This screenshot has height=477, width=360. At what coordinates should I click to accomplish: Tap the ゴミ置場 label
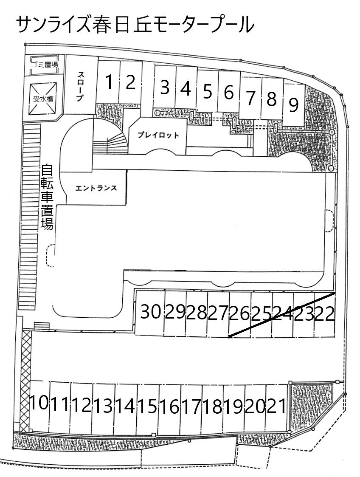click(x=45, y=65)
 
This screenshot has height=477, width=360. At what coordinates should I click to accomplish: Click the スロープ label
click(x=80, y=86)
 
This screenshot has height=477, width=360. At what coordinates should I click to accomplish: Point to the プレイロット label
click(x=158, y=135)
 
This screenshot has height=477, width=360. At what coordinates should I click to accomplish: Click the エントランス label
click(x=96, y=188)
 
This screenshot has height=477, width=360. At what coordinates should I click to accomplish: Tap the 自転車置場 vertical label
click(x=47, y=197)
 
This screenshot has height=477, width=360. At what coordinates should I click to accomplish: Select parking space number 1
click(x=108, y=82)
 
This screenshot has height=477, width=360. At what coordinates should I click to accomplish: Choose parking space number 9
click(x=294, y=105)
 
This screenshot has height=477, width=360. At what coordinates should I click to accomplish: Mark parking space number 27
click(x=218, y=313)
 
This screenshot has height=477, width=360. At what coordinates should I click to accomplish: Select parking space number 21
click(x=276, y=406)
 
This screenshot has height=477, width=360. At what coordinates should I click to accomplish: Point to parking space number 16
click(x=170, y=406)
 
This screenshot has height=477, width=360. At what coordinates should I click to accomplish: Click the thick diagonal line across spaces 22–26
click(x=282, y=315)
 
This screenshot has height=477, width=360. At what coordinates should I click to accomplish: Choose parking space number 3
click(x=165, y=87)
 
